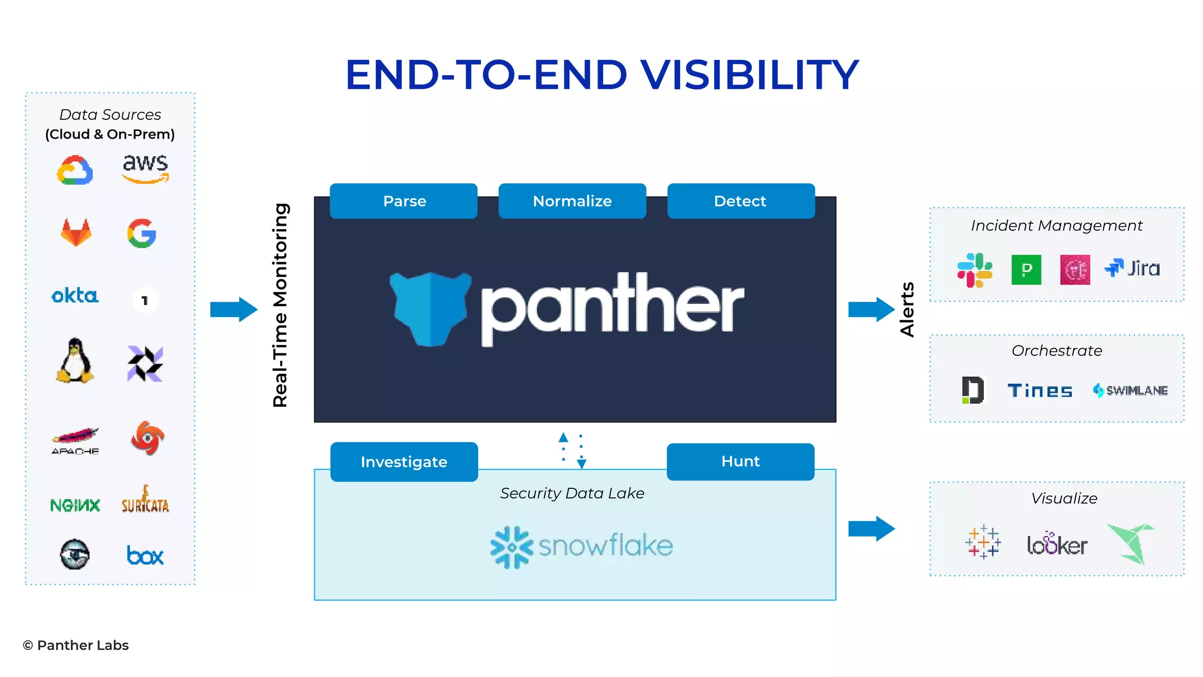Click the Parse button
(404, 201)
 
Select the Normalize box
(572, 201)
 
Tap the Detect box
(741, 201)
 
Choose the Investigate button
(404, 462)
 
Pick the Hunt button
(740, 461)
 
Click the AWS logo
(145, 169)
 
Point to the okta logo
(75, 296)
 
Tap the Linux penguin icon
(75, 361)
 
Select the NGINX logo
(75, 505)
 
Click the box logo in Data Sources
(145, 555)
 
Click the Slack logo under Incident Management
(975, 270)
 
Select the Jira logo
(1133, 269)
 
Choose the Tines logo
(1040, 391)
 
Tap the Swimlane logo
(1130, 390)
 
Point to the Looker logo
(1057, 544)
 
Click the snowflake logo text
(605, 546)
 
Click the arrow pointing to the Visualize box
(871, 529)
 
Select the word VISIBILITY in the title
(750, 75)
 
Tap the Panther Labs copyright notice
(76, 645)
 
